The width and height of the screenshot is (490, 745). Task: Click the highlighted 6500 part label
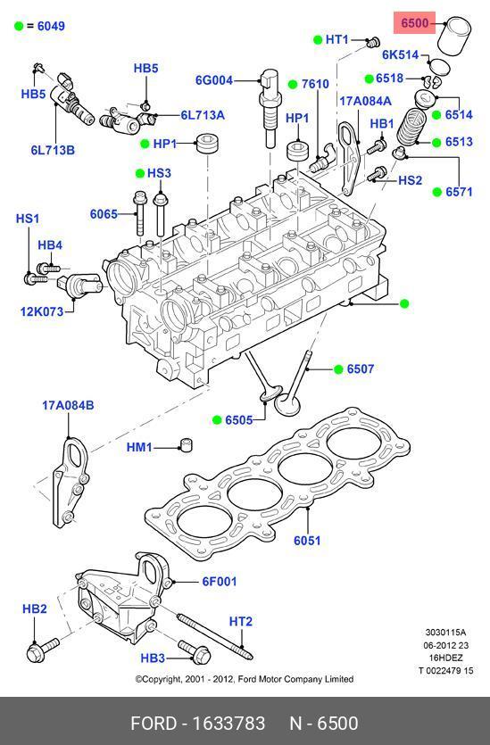(x=414, y=23)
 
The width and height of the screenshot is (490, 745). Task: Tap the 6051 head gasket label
(x=307, y=540)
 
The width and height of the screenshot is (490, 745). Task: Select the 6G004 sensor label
(x=214, y=79)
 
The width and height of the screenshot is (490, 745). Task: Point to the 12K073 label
(x=42, y=311)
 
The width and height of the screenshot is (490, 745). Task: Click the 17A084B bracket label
(x=68, y=405)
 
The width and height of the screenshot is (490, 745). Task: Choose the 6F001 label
(x=219, y=581)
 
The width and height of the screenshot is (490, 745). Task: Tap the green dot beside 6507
(x=338, y=369)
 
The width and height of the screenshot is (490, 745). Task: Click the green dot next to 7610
(x=293, y=84)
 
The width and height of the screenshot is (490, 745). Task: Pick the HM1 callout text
(x=139, y=447)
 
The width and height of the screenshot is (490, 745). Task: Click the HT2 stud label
(x=241, y=622)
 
